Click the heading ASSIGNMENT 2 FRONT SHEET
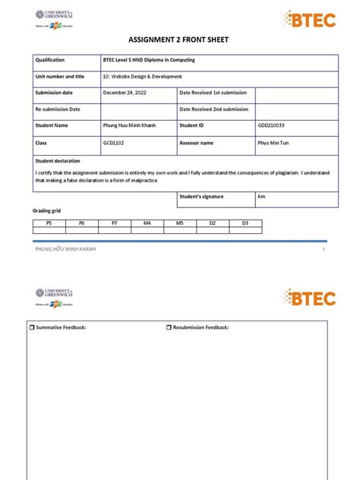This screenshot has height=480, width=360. point(180,40)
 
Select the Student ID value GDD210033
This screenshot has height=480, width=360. point(273,125)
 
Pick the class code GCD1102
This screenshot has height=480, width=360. point(115,142)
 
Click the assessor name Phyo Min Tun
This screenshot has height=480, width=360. point(275,142)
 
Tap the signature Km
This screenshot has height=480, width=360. point(261,197)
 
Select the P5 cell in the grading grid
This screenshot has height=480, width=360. point(49,223)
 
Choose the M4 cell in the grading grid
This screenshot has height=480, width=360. point(147,223)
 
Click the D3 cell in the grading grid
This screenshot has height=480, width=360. point(245,223)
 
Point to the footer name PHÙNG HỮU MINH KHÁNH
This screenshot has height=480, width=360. point(66,250)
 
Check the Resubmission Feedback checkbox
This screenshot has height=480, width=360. point(169,327)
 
